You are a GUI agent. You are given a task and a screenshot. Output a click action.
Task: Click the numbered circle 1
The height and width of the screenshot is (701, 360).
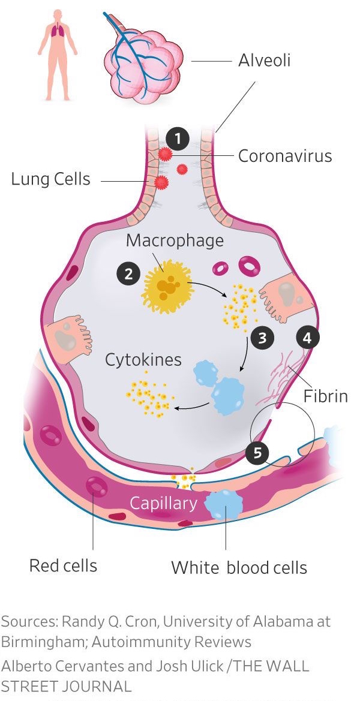point(178,139)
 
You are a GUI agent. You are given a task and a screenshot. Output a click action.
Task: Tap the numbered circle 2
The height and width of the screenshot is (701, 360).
point(128,274)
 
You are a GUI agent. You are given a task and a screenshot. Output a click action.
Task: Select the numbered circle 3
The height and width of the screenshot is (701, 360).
point(262,338)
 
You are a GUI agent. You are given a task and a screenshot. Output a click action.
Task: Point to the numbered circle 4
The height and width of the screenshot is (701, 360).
point(307,338)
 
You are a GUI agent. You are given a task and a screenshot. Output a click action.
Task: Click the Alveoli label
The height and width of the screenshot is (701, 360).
point(264,61)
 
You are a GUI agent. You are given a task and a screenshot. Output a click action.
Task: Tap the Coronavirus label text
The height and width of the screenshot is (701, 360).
point(285,156)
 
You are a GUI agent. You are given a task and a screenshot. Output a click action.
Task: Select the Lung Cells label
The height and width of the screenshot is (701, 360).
point(50,179)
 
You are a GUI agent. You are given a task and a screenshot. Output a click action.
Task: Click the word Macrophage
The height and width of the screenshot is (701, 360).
point(175,240)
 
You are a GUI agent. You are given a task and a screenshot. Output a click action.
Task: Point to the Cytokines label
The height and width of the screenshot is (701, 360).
point(143,360)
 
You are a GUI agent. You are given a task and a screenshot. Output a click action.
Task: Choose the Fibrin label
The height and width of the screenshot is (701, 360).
point(325,396)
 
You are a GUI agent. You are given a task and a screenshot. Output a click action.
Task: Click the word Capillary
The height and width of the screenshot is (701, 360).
point(164,503)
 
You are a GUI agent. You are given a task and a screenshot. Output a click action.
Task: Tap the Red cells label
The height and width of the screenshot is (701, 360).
point(63,565)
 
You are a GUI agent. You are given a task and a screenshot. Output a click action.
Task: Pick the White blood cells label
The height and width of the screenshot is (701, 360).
point(239,567)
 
